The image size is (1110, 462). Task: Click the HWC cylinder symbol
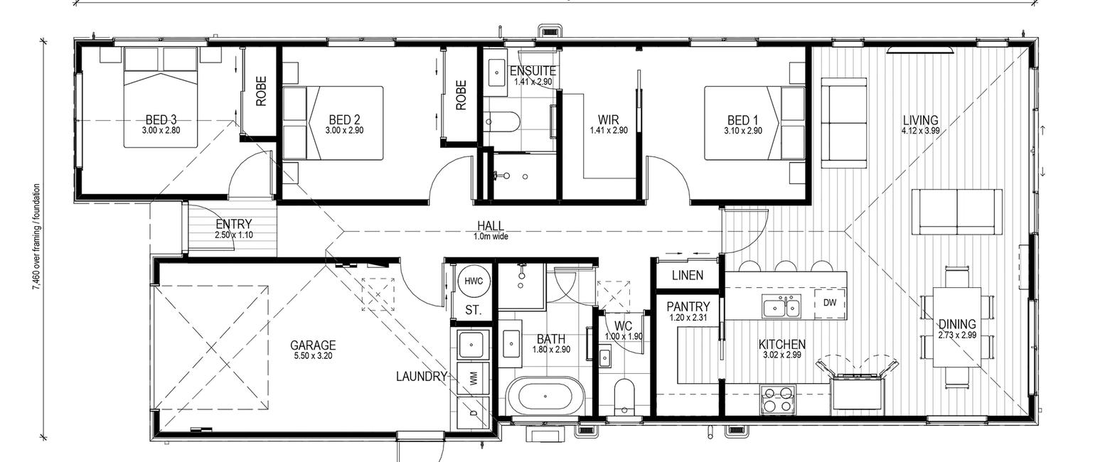(x=474, y=281)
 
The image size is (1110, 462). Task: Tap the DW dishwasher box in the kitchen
(x=830, y=302)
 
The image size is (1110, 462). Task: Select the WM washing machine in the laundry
(x=473, y=379)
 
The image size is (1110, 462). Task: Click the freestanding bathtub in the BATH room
(x=545, y=396)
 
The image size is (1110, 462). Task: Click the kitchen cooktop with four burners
(x=777, y=399)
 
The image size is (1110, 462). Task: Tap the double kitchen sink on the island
(x=781, y=306)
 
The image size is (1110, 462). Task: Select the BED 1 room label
(x=742, y=120)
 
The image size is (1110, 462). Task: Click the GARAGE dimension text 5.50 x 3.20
(x=313, y=355)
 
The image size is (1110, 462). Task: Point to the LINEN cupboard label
(x=688, y=275)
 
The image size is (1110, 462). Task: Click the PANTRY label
(x=688, y=307)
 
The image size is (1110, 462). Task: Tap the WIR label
(x=608, y=120)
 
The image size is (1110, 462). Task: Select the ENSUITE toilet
(x=501, y=122)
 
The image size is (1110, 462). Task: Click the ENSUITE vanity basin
(x=496, y=72)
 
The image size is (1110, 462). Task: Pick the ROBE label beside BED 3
(x=261, y=91)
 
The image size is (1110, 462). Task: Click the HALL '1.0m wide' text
(x=491, y=237)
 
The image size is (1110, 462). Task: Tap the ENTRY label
(x=234, y=225)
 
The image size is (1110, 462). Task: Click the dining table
(x=957, y=327)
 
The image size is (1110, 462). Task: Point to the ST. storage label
(x=474, y=311)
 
